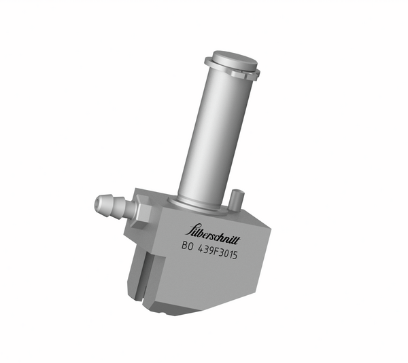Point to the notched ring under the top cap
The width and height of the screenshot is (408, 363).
[x=233, y=72]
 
